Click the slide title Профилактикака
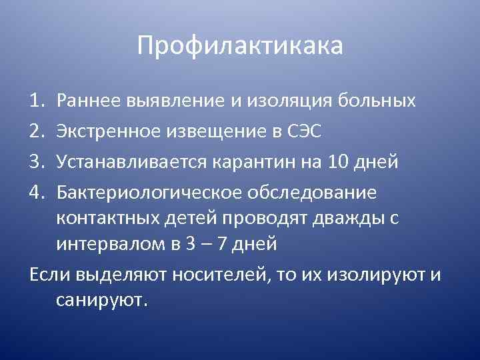pos(240,46)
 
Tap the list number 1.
pos(35,101)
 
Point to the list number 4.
pos(35,193)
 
